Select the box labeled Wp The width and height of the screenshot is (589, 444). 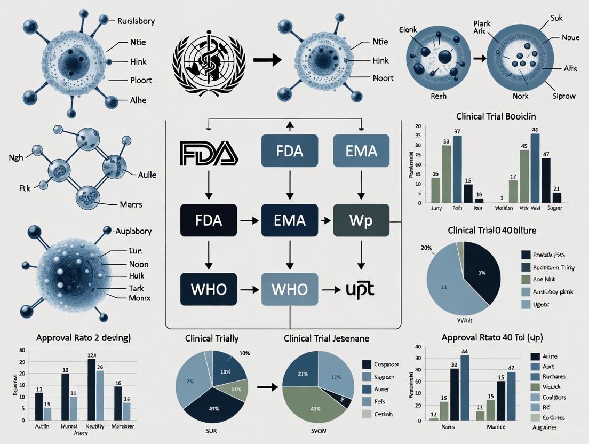point(361,219)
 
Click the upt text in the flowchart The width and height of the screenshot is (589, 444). point(360,289)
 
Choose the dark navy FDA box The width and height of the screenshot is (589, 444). point(209,219)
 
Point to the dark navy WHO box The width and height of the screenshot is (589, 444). point(209,289)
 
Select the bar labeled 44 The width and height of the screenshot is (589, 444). point(464,387)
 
